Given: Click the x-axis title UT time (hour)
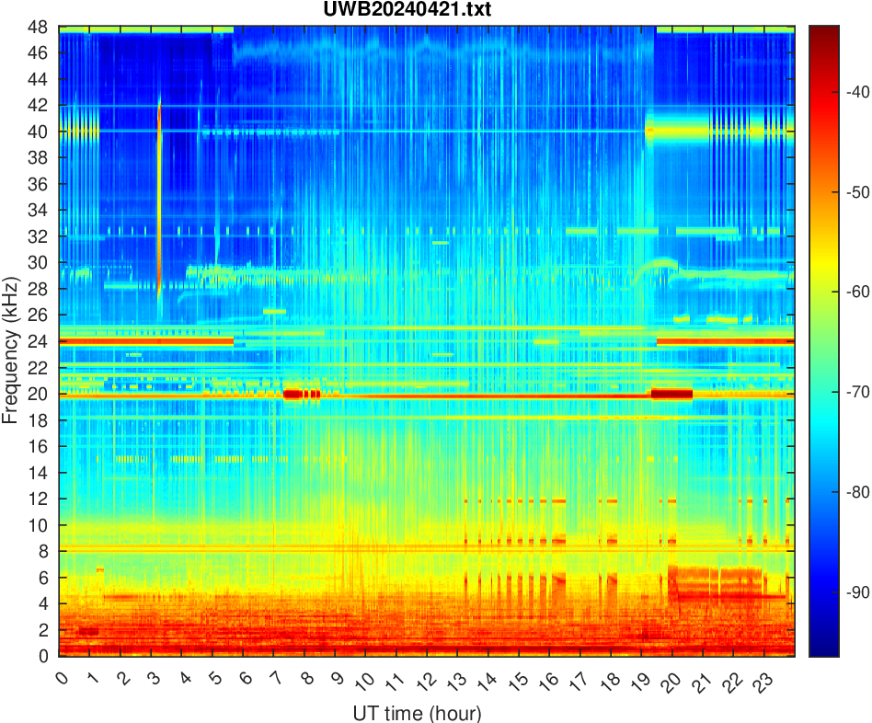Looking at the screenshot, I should click(x=417, y=713).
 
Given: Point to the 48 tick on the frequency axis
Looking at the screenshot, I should click(x=39, y=27).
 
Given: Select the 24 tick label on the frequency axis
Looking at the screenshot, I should click(x=39, y=341).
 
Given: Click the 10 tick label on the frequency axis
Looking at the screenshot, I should click(x=39, y=525).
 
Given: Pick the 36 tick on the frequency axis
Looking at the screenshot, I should click(x=39, y=184).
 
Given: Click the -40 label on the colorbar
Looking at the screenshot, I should click(x=845, y=92).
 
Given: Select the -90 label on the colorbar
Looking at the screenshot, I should click(x=845, y=592).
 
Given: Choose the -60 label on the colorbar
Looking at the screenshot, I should click(x=845, y=292).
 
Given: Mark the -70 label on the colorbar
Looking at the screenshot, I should click(x=845, y=392).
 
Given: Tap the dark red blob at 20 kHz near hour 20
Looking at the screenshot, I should click(x=671, y=394).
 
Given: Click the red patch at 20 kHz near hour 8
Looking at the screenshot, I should click(x=302, y=394).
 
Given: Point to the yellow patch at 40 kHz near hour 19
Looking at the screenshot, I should click(x=650, y=131).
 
